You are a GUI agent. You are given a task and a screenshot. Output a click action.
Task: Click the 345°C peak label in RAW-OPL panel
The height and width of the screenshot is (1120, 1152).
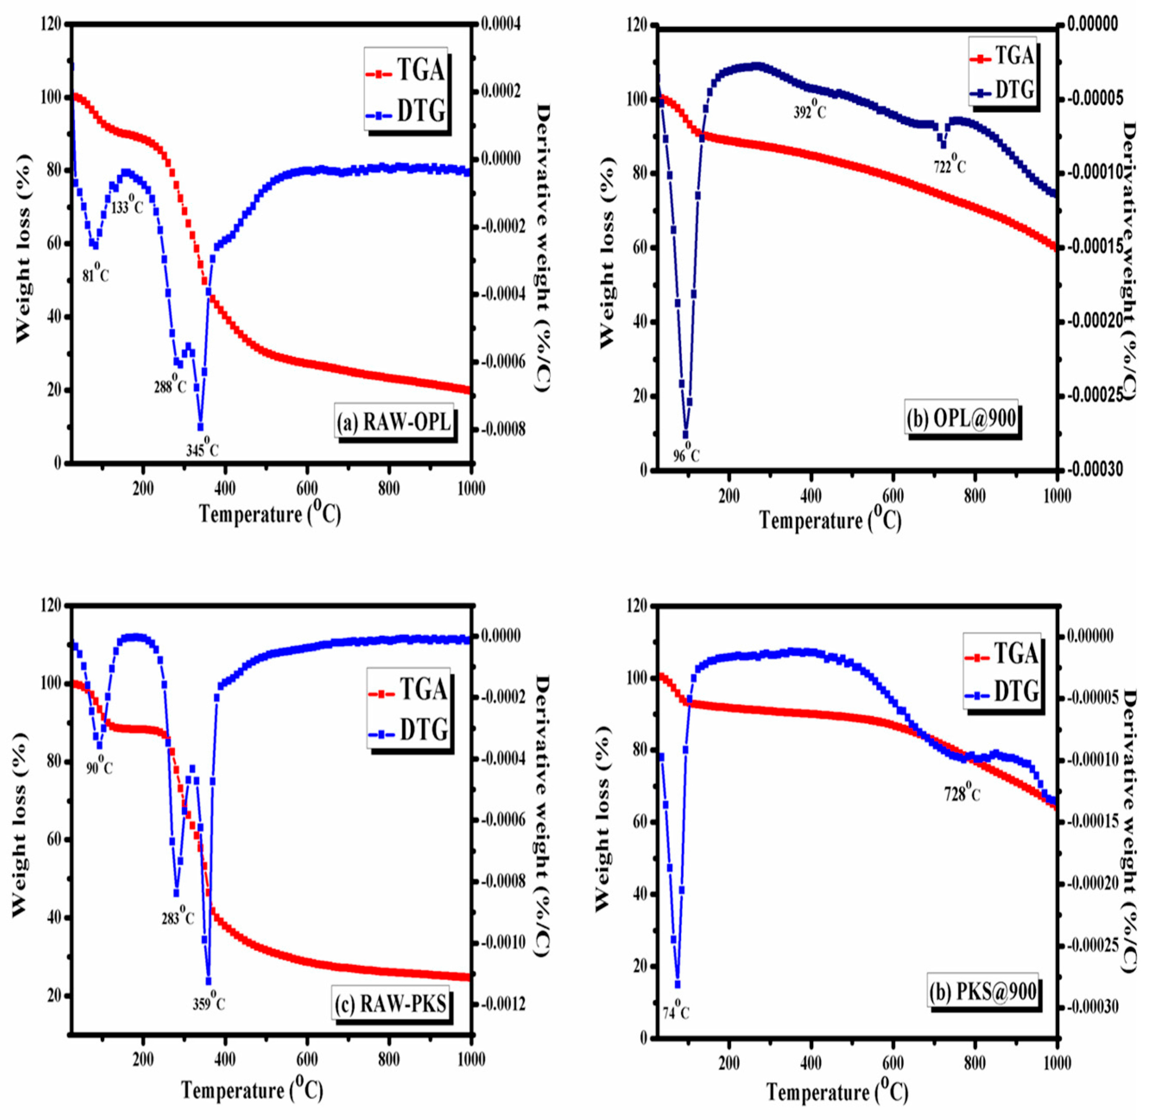tap(202, 451)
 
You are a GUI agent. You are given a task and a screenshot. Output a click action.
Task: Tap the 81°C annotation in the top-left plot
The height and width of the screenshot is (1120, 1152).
tap(95, 274)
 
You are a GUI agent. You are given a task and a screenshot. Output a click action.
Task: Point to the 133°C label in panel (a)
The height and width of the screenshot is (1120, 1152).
tap(127, 207)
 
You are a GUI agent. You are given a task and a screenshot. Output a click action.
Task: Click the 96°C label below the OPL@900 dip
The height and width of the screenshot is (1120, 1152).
tap(686, 455)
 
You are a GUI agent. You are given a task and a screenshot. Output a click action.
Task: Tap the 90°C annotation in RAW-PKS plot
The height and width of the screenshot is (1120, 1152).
tap(99, 767)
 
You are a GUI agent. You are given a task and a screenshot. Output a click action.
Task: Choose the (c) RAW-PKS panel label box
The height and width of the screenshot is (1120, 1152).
tap(391, 1003)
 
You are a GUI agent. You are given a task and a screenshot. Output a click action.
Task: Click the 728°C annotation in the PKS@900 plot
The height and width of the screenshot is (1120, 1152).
tap(963, 794)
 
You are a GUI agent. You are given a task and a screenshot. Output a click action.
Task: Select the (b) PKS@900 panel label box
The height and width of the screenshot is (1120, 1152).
tap(983, 992)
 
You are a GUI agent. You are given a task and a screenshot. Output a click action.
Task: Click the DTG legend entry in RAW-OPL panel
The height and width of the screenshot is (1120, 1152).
tap(406, 111)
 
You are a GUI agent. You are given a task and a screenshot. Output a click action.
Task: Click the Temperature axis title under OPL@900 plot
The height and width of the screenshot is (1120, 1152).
tap(830, 521)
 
